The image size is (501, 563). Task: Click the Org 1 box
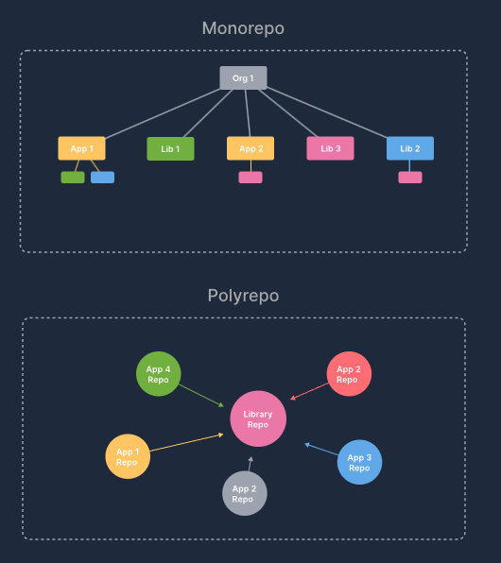tap(243, 77)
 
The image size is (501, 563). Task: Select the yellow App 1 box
tap(81, 148)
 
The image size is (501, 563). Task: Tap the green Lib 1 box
tap(170, 148)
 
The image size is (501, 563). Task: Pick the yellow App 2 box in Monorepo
tap(250, 148)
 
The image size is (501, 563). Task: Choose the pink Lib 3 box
tap(330, 148)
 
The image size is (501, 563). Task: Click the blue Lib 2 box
tap(410, 148)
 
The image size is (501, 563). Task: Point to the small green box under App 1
tap(73, 178)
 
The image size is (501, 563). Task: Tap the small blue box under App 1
tap(102, 178)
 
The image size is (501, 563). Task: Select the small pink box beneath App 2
tap(250, 178)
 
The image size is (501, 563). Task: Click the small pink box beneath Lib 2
tap(410, 178)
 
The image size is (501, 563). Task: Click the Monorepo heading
tap(243, 28)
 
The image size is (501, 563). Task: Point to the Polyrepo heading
tap(243, 296)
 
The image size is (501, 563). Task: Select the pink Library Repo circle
tap(258, 418)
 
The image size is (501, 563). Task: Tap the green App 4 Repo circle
tap(159, 374)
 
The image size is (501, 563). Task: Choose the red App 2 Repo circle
tap(349, 374)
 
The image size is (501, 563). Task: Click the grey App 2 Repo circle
tap(245, 493)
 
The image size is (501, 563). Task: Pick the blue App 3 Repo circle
tap(360, 462)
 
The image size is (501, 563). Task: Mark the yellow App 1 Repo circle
tap(128, 456)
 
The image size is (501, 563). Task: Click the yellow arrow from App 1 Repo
tap(186, 442)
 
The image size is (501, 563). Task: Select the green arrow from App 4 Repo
tap(201, 396)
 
